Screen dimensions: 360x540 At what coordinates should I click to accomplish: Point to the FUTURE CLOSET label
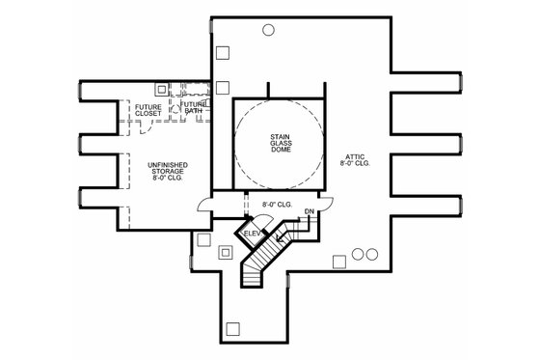(x=148, y=110)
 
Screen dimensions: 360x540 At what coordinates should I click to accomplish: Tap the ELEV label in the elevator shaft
(x=254, y=234)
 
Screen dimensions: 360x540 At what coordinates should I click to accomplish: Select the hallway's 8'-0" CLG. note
(x=279, y=204)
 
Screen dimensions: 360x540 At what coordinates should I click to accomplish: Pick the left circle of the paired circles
(x=358, y=255)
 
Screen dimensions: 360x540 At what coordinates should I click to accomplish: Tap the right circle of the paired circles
(x=370, y=255)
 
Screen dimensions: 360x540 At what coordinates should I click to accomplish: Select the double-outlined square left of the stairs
(x=226, y=253)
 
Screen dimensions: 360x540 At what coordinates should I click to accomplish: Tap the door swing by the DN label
(x=326, y=204)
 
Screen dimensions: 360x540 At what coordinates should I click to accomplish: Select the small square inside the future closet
(x=162, y=88)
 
